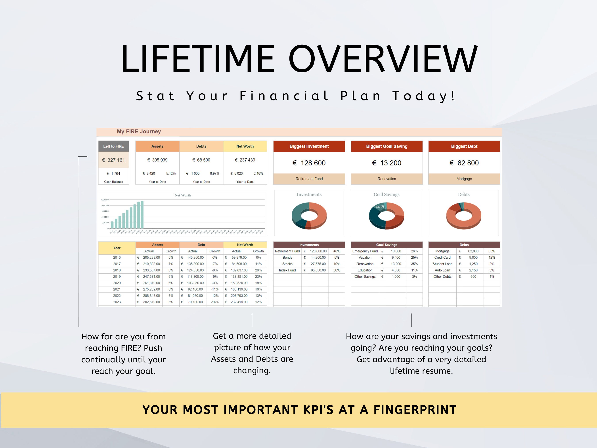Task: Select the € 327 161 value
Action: click(114, 160)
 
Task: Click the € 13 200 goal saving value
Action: click(387, 163)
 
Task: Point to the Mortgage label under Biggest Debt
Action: click(464, 179)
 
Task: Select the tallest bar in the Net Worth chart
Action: click(142, 215)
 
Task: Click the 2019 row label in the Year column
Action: click(117, 277)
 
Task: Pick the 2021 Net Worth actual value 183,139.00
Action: click(239, 289)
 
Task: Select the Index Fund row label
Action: click(287, 270)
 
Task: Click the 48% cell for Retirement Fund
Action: click(337, 251)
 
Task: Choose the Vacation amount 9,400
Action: click(396, 258)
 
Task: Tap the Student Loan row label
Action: click(442, 264)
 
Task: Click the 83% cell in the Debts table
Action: click(492, 251)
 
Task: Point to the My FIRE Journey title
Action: click(139, 131)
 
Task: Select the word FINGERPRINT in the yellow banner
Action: click(415, 410)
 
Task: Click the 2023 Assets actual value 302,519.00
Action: click(151, 302)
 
